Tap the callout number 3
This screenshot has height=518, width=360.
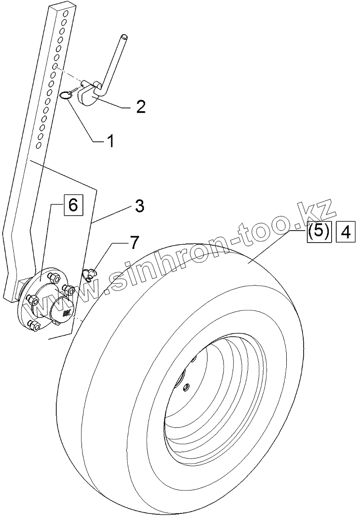pos(140,206)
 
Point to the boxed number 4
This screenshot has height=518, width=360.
pos(346,232)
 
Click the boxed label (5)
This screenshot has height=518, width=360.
pos(318,232)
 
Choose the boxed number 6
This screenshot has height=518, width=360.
pos(73,205)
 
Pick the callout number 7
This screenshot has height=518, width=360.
pos(132,243)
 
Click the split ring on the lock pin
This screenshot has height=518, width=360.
pos(65,96)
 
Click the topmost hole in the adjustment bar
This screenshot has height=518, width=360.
pos(66,14)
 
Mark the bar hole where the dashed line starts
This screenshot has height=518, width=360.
pos(55,67)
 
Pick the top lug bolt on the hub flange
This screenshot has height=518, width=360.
pos(51,277)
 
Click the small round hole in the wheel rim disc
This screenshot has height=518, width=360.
pos(185,388)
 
